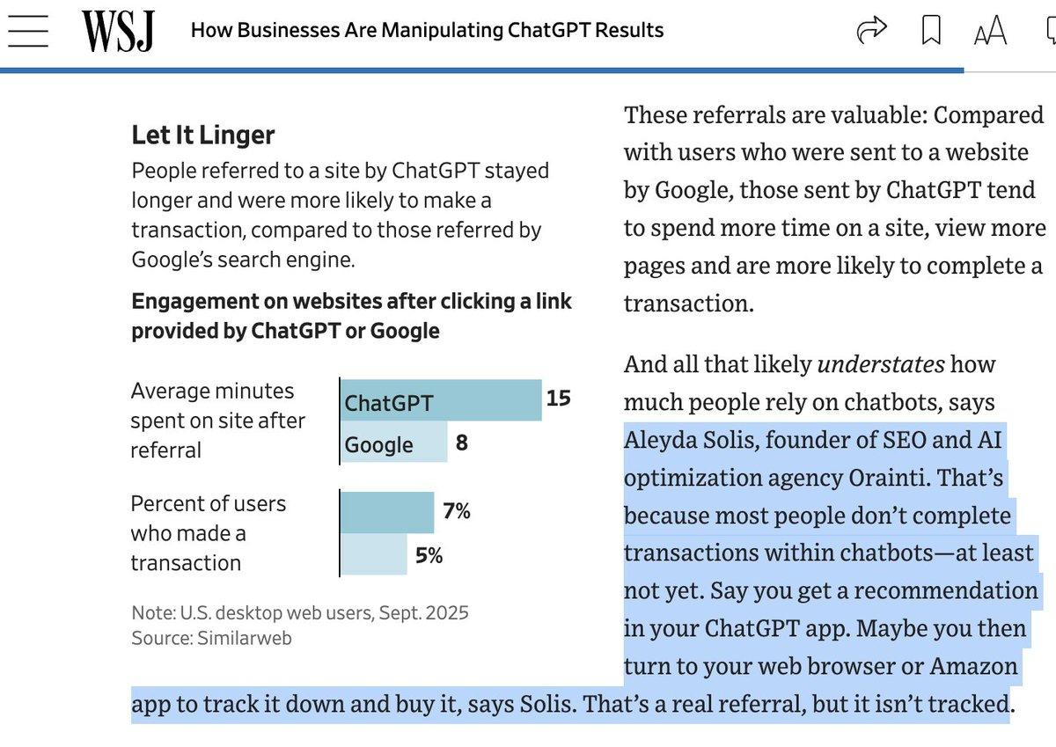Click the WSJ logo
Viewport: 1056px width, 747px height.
pos(118,32)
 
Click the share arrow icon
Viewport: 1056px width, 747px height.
pos(871,32)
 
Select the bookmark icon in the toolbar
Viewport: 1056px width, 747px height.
pos(930,32)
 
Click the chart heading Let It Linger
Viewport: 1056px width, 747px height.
pos(203,135)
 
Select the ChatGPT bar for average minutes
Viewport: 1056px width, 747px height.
pos(441,400)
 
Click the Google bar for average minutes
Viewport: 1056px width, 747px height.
pos(394,443)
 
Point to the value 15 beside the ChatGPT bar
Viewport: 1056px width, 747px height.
pos(558,399)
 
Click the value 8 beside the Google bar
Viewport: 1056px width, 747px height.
pos(461,443)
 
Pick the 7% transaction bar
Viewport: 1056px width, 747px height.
pos(387,512)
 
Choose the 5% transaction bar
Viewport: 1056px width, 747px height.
pos(374,555)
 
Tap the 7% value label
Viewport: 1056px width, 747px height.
pos(457,511)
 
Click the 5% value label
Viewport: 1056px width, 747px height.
pos(429,555)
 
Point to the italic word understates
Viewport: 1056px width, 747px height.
pos(881,363)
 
